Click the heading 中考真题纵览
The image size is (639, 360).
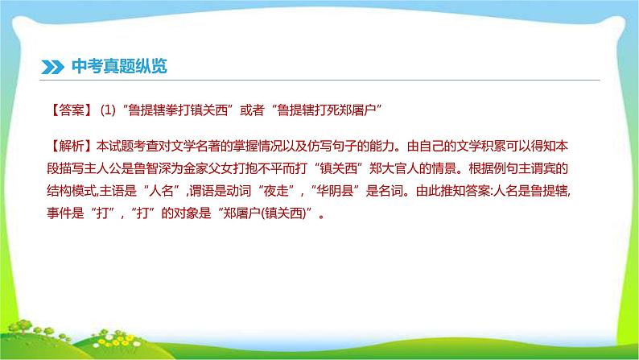[117, 67]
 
